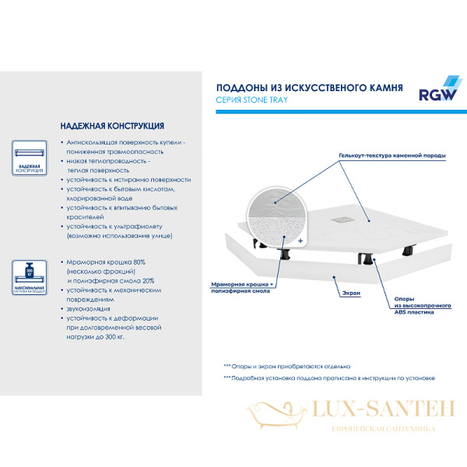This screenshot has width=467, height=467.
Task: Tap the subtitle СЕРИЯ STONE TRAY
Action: pos(253,101)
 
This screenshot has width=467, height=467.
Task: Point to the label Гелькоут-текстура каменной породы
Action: pos(392,155)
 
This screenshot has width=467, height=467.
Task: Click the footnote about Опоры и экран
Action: pos(287,365)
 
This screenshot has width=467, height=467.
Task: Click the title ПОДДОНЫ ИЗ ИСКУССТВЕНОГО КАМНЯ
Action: pos(309,88)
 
